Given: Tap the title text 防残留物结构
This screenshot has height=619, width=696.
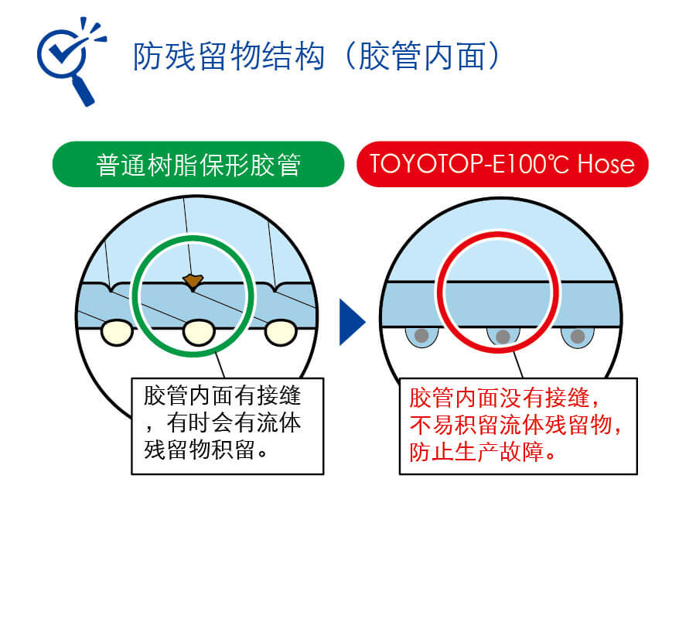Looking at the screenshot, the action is [229, 56].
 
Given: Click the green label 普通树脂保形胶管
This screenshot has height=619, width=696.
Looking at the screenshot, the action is [199, 164].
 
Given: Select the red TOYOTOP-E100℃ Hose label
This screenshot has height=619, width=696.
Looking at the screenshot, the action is [503, 164].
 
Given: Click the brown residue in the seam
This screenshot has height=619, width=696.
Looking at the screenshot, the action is [193, 282].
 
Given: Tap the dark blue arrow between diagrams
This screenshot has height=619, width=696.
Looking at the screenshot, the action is [352, 322].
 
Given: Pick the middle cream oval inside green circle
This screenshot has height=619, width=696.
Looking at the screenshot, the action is [199, 333].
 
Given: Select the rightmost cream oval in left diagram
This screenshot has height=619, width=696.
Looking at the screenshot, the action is [281, 333].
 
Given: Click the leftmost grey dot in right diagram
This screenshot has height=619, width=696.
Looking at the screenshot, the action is [421, 335].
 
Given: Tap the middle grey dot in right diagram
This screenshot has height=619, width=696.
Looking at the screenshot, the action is [503, 337].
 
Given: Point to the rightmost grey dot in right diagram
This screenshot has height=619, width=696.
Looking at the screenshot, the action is [578, 336].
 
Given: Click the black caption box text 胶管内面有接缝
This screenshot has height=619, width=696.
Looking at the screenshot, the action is [223, 395].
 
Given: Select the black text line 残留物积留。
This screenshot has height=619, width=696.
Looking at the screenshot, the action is [206, 450].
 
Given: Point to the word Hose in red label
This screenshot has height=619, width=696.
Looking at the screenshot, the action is [606, 164].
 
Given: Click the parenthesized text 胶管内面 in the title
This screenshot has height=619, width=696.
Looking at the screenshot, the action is [421, 56].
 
